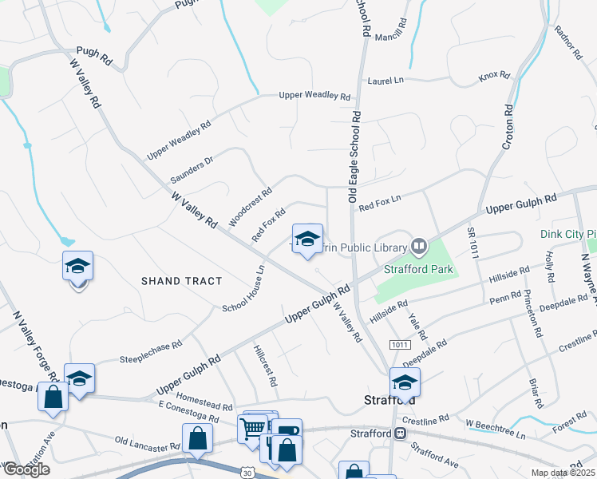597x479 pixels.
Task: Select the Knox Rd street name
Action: [x=494, y=75]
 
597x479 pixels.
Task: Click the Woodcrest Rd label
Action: [x=251, y=206]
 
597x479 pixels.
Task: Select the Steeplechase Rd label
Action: [x=151, y=351]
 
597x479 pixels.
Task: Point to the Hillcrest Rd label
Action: [x=264, y=366]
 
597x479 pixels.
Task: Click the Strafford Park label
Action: [x=418, y=269]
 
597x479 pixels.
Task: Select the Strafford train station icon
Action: [x=401, y=433]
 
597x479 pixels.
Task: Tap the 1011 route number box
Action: [x=400, y=344]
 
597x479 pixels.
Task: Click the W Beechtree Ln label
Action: [x=496, y=429]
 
